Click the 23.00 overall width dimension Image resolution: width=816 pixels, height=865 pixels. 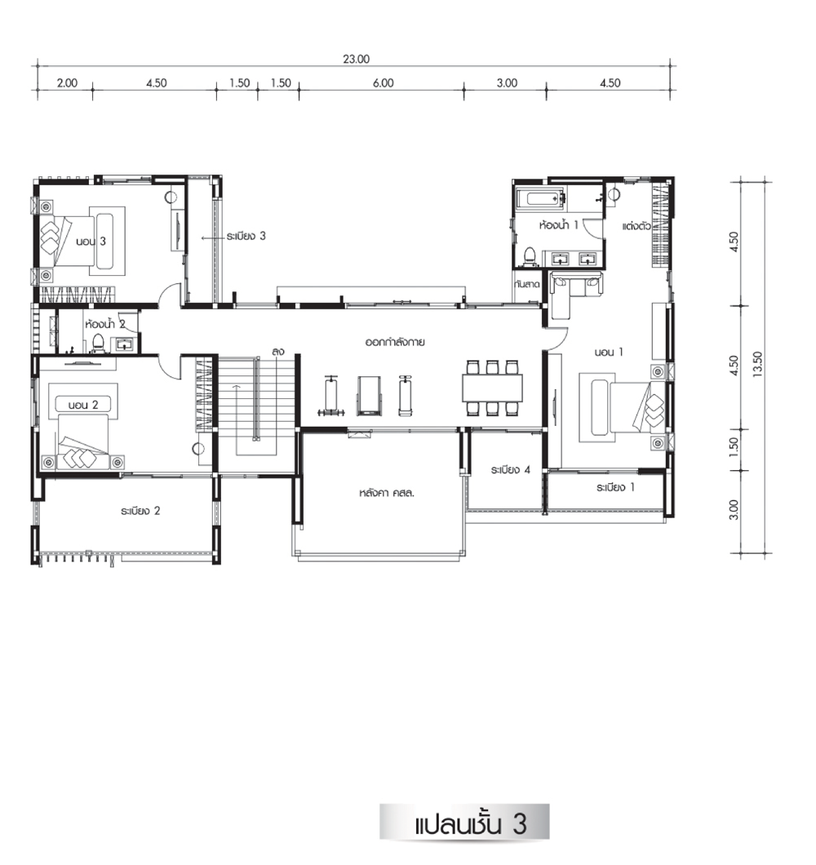coord(356,59)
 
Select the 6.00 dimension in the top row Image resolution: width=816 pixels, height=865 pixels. coord(383,83)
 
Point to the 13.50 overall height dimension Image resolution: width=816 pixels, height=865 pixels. coord(757,364)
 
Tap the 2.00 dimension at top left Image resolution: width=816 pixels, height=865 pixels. coord(67,83)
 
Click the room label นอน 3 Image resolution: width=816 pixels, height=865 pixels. coord(91,241)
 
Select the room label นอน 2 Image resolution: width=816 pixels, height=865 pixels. coord(83,405)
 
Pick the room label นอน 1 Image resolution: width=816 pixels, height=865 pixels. coord(609,352)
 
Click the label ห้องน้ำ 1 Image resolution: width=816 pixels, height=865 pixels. coord(558,224)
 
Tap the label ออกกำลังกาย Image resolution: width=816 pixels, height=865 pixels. coord(395,342)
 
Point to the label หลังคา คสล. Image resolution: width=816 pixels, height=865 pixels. coord(386,493)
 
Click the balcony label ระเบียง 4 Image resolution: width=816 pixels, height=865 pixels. coord(510,470)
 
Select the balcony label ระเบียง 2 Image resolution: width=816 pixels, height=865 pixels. coord(140,511)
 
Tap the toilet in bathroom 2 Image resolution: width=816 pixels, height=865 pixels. coord(98,342)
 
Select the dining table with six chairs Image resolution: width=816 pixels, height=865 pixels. coord(492,388)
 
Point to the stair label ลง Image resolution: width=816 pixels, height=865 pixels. coord(278,352)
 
